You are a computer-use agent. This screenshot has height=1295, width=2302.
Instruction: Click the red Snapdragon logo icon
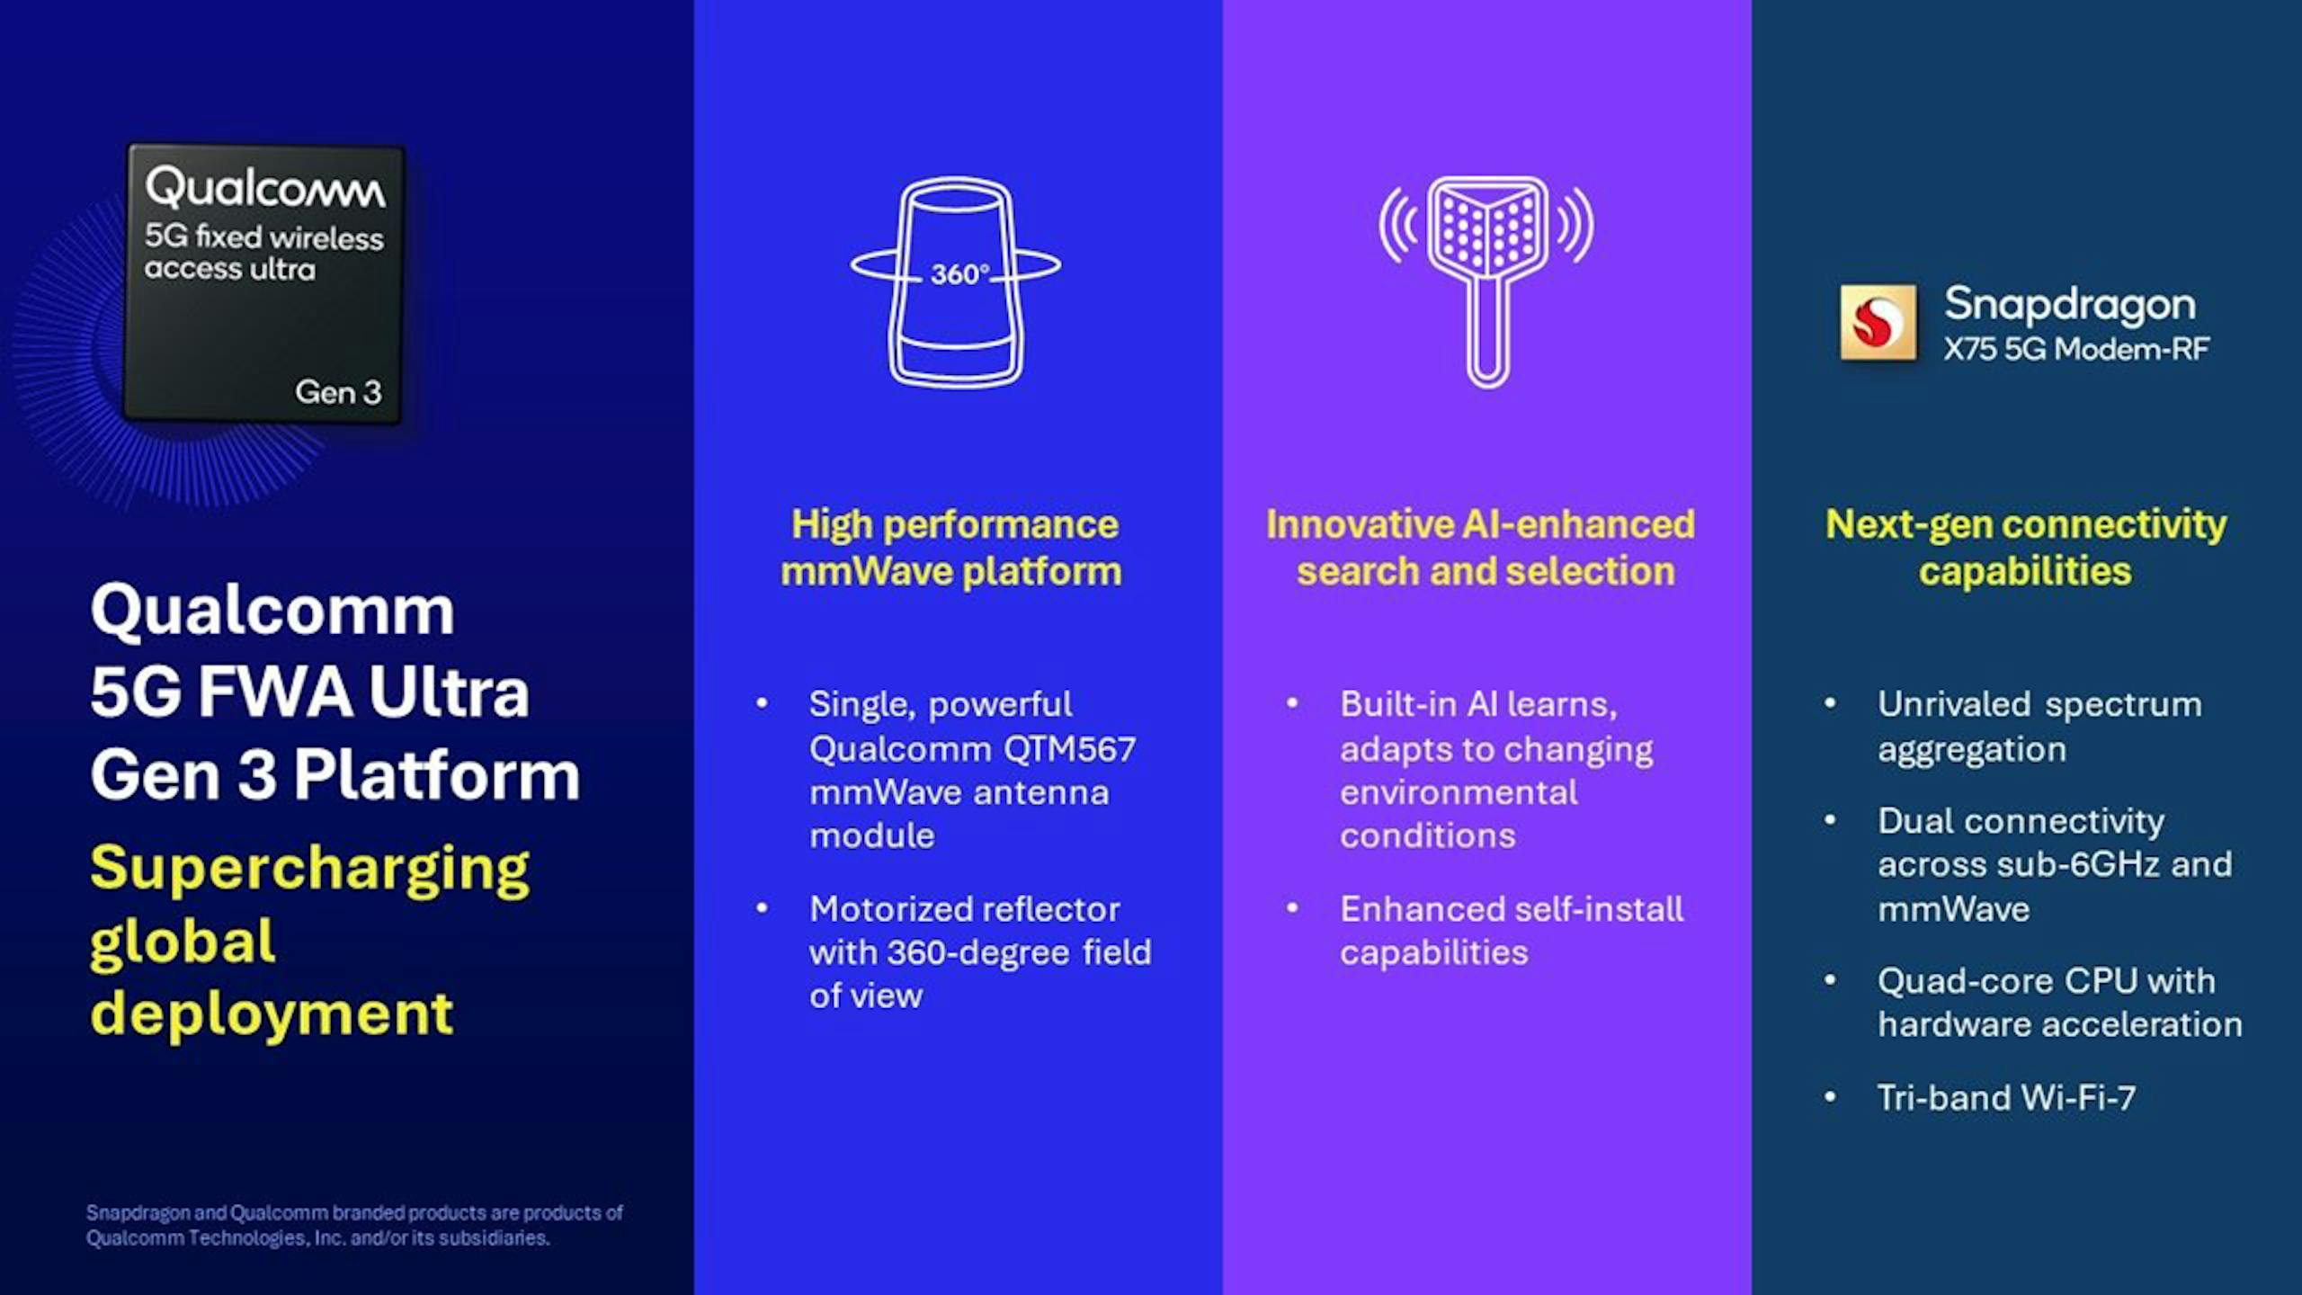click(x=1878, y=323)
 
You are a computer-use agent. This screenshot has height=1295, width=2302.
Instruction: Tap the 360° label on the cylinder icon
click(x=959, y=273)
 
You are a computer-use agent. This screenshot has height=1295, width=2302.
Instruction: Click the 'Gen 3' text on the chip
click(x=338, y=392)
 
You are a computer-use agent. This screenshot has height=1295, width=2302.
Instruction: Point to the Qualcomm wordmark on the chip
click(x=265, y=188)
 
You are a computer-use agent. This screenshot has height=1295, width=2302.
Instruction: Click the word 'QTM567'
click(x=1070, y=748)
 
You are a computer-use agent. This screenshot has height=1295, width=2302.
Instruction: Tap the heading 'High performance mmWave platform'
click(x=952, y=548)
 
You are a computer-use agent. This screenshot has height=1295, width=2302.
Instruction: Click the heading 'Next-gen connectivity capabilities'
click(x=2026, y=548)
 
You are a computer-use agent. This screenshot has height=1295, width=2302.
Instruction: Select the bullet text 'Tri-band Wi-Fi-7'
click(x=2006, y=1098)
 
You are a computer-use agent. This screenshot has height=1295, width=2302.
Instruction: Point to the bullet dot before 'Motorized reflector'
click(x=763, y=908)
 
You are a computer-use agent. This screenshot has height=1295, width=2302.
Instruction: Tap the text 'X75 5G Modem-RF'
click(x=2076, y=349)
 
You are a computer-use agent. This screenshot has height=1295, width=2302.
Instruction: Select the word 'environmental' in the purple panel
click(x=1459, y=792)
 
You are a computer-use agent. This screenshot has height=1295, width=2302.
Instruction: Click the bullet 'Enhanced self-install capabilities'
click(x=1512, y=931)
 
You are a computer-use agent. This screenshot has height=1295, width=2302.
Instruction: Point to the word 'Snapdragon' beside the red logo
click(x=2070, y=305)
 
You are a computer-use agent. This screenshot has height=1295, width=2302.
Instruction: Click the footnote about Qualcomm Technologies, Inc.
click(x=354, y=1225)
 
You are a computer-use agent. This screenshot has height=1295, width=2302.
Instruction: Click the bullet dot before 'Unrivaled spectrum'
click(x=1830, y=703)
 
